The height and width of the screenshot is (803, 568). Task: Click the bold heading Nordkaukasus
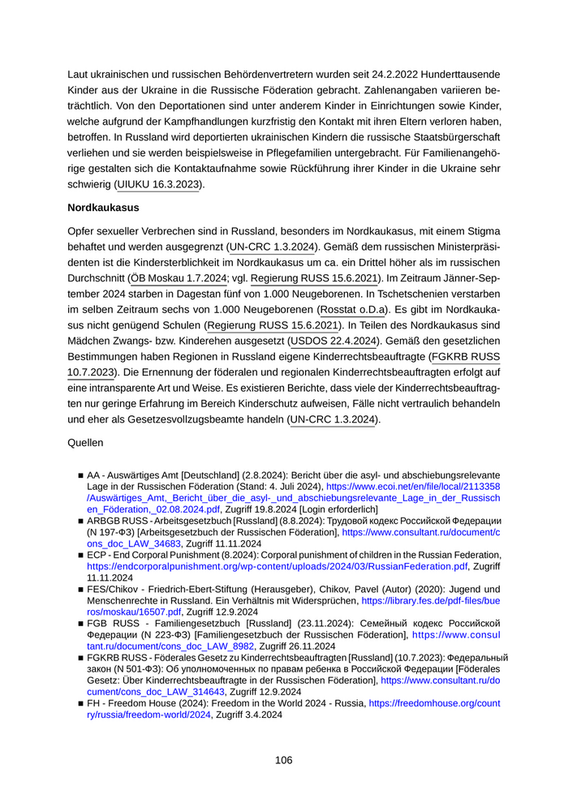(x=103, y=208)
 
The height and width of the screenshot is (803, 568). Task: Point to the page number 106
(x=283, y=760)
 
